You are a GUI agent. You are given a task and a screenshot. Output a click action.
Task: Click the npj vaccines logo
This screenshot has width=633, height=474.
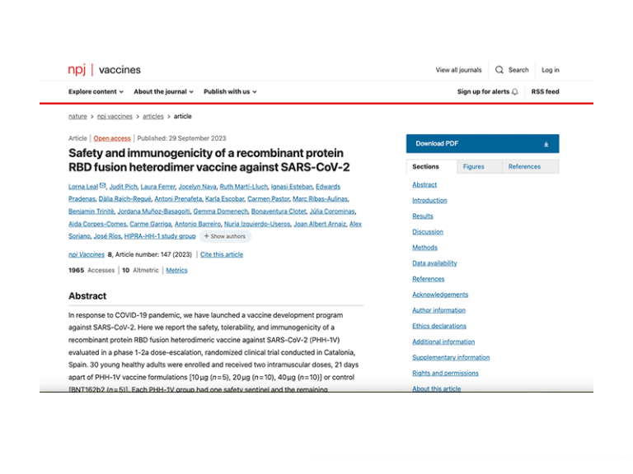104,70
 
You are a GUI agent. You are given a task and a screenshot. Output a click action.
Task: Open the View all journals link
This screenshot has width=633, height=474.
458,70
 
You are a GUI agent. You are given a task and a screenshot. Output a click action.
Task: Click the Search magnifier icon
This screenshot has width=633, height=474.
499,70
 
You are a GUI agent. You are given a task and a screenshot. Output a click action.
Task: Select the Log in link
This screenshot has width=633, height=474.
551,70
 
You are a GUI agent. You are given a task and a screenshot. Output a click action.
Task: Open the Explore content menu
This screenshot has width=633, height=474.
96,91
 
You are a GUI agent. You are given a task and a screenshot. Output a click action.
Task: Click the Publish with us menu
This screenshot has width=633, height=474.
230,91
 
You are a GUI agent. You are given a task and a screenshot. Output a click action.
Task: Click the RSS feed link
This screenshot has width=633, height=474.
545,91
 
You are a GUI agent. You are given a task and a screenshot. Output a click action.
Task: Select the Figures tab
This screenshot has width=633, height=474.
473,166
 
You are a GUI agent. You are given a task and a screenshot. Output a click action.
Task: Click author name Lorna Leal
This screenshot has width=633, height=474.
83,187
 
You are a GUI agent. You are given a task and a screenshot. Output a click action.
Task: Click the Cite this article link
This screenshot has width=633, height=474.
222,254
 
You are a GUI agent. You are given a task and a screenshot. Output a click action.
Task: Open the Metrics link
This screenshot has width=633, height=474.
176,270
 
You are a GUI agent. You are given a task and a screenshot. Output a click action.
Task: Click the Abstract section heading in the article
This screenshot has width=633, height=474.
87,296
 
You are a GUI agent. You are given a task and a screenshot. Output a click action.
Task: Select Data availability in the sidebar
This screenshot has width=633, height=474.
434,263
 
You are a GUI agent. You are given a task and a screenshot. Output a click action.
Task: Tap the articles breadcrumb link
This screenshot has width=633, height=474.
152,117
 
